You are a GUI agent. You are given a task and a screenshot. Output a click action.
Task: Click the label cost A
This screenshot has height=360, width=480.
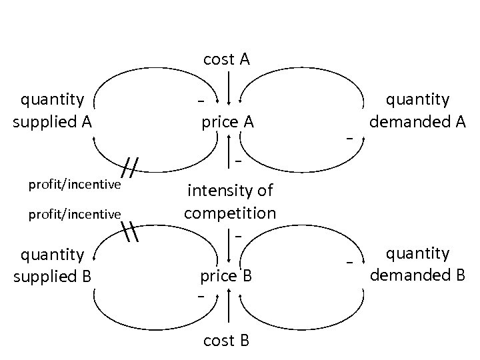click(226, 59)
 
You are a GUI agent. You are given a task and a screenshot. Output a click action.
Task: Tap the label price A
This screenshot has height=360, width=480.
click(227, 122)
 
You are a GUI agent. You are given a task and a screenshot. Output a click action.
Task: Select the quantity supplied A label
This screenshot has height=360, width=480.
click(53, 111)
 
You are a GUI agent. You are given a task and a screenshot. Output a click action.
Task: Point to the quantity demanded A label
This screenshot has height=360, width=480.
click(418, 111)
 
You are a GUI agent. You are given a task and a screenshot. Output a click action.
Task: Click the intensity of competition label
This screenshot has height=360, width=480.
click(229, 202)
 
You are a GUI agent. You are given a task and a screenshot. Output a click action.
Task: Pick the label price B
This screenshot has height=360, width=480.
click(227, 275)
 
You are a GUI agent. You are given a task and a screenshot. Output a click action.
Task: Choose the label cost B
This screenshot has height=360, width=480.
click(226, 341)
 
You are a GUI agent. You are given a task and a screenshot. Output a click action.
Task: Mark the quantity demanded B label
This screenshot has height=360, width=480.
click(418, 264)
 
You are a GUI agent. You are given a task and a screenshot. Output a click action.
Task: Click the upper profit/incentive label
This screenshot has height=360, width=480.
click(74, 184)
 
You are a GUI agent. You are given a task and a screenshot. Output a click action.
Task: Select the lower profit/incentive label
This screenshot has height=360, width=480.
click(74, 214)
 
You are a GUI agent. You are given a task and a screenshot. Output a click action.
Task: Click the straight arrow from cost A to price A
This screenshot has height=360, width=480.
click(229, 87)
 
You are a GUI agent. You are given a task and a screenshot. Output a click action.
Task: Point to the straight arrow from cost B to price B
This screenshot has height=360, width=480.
click(229, 311)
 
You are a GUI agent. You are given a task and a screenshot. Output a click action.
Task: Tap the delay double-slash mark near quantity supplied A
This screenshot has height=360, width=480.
click(132, 169)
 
